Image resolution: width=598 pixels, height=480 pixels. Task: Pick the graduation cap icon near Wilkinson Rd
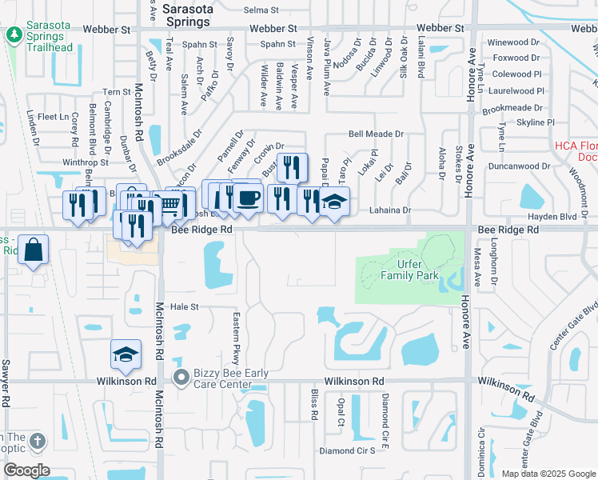[126, 354]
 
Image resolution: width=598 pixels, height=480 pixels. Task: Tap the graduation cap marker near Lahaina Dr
[335, 203]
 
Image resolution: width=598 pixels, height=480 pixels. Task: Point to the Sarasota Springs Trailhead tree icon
[14, 35]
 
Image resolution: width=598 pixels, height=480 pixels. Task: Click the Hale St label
[183, 306]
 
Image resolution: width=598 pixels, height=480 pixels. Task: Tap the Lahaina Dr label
[390, 210]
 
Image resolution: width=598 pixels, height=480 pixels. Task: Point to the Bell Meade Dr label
[376, 134]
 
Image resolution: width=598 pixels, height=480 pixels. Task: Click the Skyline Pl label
[535, 122]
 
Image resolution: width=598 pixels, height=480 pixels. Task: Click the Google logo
[26, 470]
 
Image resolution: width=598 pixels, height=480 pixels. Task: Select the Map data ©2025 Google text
[548, 474]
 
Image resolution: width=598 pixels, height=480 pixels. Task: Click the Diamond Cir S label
[347, 451]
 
